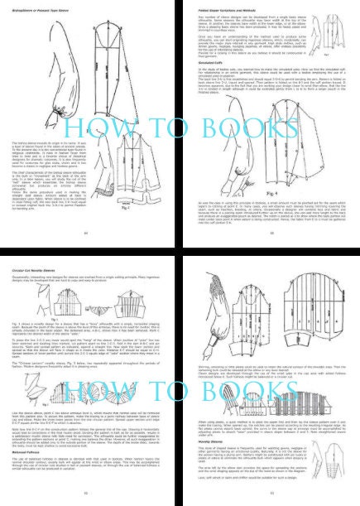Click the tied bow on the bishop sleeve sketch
click(43, 83)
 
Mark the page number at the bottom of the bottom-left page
click(89, 499)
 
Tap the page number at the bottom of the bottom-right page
click(271, 499)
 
